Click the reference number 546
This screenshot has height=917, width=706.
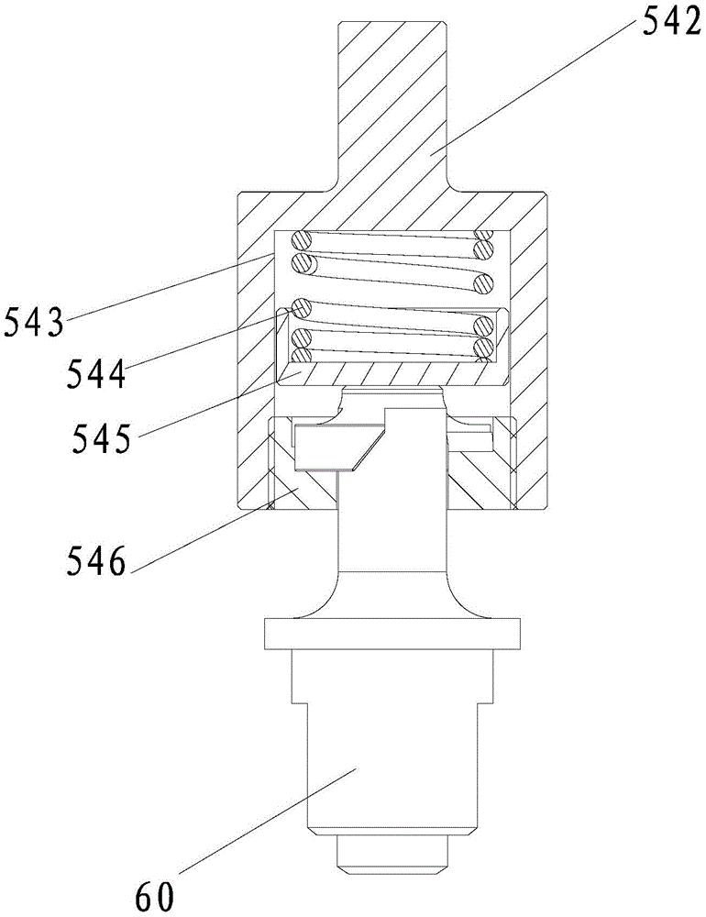pyautogui.click(x=93, y=558)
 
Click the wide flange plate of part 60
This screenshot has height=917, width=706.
pyautogui.click(x=394, y=633)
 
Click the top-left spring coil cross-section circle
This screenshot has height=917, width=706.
pyautogui.click(x=302, y=242)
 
